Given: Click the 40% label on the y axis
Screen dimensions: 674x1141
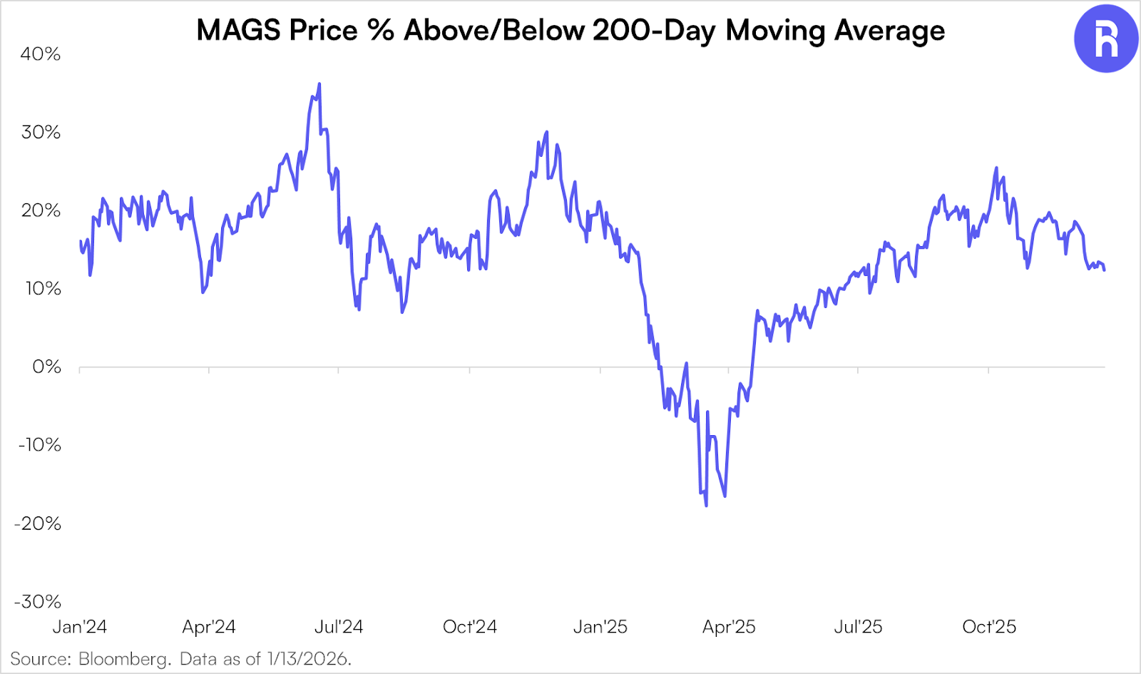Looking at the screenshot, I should [41, 54].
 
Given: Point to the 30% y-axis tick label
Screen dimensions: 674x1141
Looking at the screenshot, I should [41, 132].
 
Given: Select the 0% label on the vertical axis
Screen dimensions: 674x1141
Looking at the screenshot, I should [47, 367].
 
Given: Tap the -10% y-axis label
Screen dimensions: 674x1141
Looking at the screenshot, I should [40, 445].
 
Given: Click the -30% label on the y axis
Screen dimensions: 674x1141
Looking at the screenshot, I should [38, 601].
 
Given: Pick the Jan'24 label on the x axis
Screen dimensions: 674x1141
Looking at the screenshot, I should [80, 627].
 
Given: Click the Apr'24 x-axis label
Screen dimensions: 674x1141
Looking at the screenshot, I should [209, 627].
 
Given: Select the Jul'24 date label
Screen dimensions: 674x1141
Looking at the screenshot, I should [339, 627].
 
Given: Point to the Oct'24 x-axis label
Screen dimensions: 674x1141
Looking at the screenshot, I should [470, 627].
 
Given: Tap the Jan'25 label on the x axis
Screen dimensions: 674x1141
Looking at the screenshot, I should [600, 627].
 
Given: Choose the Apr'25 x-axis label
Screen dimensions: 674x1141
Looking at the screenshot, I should [729, 627].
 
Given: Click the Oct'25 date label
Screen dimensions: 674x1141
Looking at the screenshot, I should [989, 627].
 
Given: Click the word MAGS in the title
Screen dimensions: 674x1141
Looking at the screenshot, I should [238, 31].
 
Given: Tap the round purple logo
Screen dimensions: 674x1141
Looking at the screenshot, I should [1106, 39].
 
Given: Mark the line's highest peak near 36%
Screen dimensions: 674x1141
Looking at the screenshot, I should [319, 84].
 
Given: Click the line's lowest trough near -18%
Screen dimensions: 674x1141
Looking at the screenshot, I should [706, 506].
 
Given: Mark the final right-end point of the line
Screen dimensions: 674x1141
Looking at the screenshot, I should [1105, 270].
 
